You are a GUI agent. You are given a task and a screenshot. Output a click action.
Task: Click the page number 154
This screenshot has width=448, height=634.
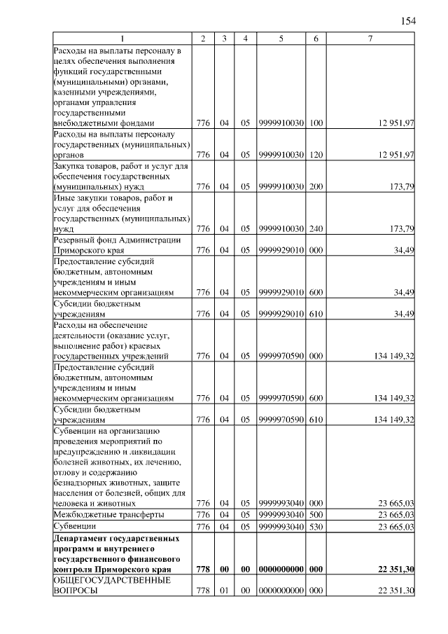tap(408, 20)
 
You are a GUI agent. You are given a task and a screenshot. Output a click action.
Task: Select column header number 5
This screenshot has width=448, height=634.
tap(280, 38)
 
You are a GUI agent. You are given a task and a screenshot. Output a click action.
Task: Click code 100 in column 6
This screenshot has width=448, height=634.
tap(316, 123)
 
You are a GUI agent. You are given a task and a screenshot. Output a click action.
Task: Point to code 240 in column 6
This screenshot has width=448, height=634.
tap(316, 229)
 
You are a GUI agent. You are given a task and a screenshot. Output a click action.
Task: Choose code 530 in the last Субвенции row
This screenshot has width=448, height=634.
tap(316, 526)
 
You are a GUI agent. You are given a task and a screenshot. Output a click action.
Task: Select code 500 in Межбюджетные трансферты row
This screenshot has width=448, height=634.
tap(316, 515)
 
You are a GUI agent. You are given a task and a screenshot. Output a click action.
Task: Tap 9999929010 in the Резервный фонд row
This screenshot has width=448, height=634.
tap(280, 250)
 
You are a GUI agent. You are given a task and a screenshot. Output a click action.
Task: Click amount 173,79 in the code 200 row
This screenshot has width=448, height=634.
tap(401, 187)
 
